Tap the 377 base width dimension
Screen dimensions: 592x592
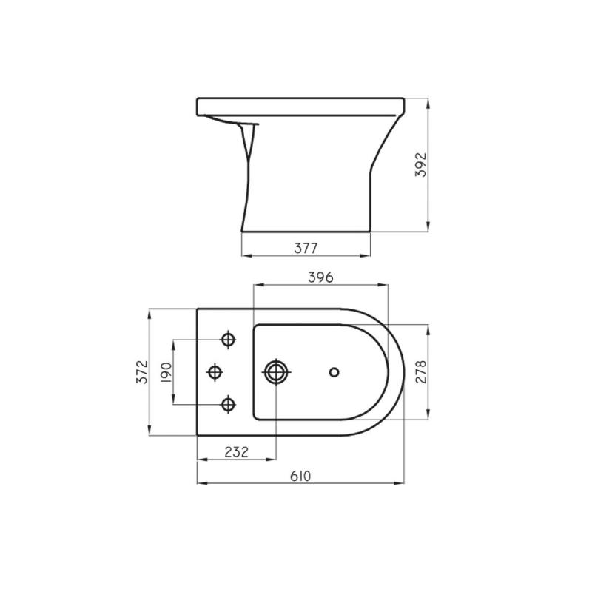tap(306, 248)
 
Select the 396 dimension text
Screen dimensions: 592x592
tap(320, 277)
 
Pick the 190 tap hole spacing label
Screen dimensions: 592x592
tap(166, 371)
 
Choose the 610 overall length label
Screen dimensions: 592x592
tap(300, 475)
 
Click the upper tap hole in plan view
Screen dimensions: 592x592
tap(229, 340)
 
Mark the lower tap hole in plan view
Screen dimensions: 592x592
tap(229, 404)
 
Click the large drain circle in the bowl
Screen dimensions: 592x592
tap(275, 371)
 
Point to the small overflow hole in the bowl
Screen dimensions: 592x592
tap(334, 371)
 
